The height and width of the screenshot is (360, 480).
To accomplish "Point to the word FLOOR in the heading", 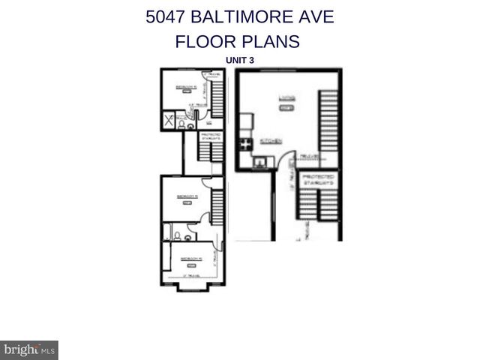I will click(203, 41).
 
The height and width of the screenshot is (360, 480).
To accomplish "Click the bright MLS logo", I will click(29, 349).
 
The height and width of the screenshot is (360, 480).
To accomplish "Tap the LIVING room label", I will click(286, 97).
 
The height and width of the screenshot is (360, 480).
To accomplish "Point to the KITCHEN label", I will click(269, 141).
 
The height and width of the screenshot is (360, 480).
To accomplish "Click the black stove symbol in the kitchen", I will click(244, 145).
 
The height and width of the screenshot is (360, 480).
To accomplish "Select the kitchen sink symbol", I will click(260, 160).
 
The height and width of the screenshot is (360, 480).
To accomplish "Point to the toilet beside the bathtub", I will click(175, 237).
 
